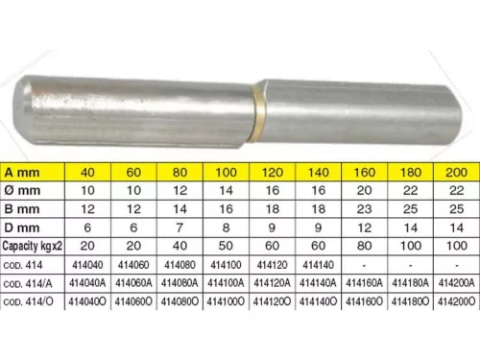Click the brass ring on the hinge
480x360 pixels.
(258, 112)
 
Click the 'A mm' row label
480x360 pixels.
(22, 173)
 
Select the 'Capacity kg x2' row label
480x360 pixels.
(33, 246)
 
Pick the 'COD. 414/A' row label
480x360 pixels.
(28, 283)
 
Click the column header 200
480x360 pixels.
(457, 173)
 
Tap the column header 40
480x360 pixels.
(87, 173)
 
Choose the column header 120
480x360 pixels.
(273, 173)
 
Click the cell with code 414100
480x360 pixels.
(226, 265)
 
